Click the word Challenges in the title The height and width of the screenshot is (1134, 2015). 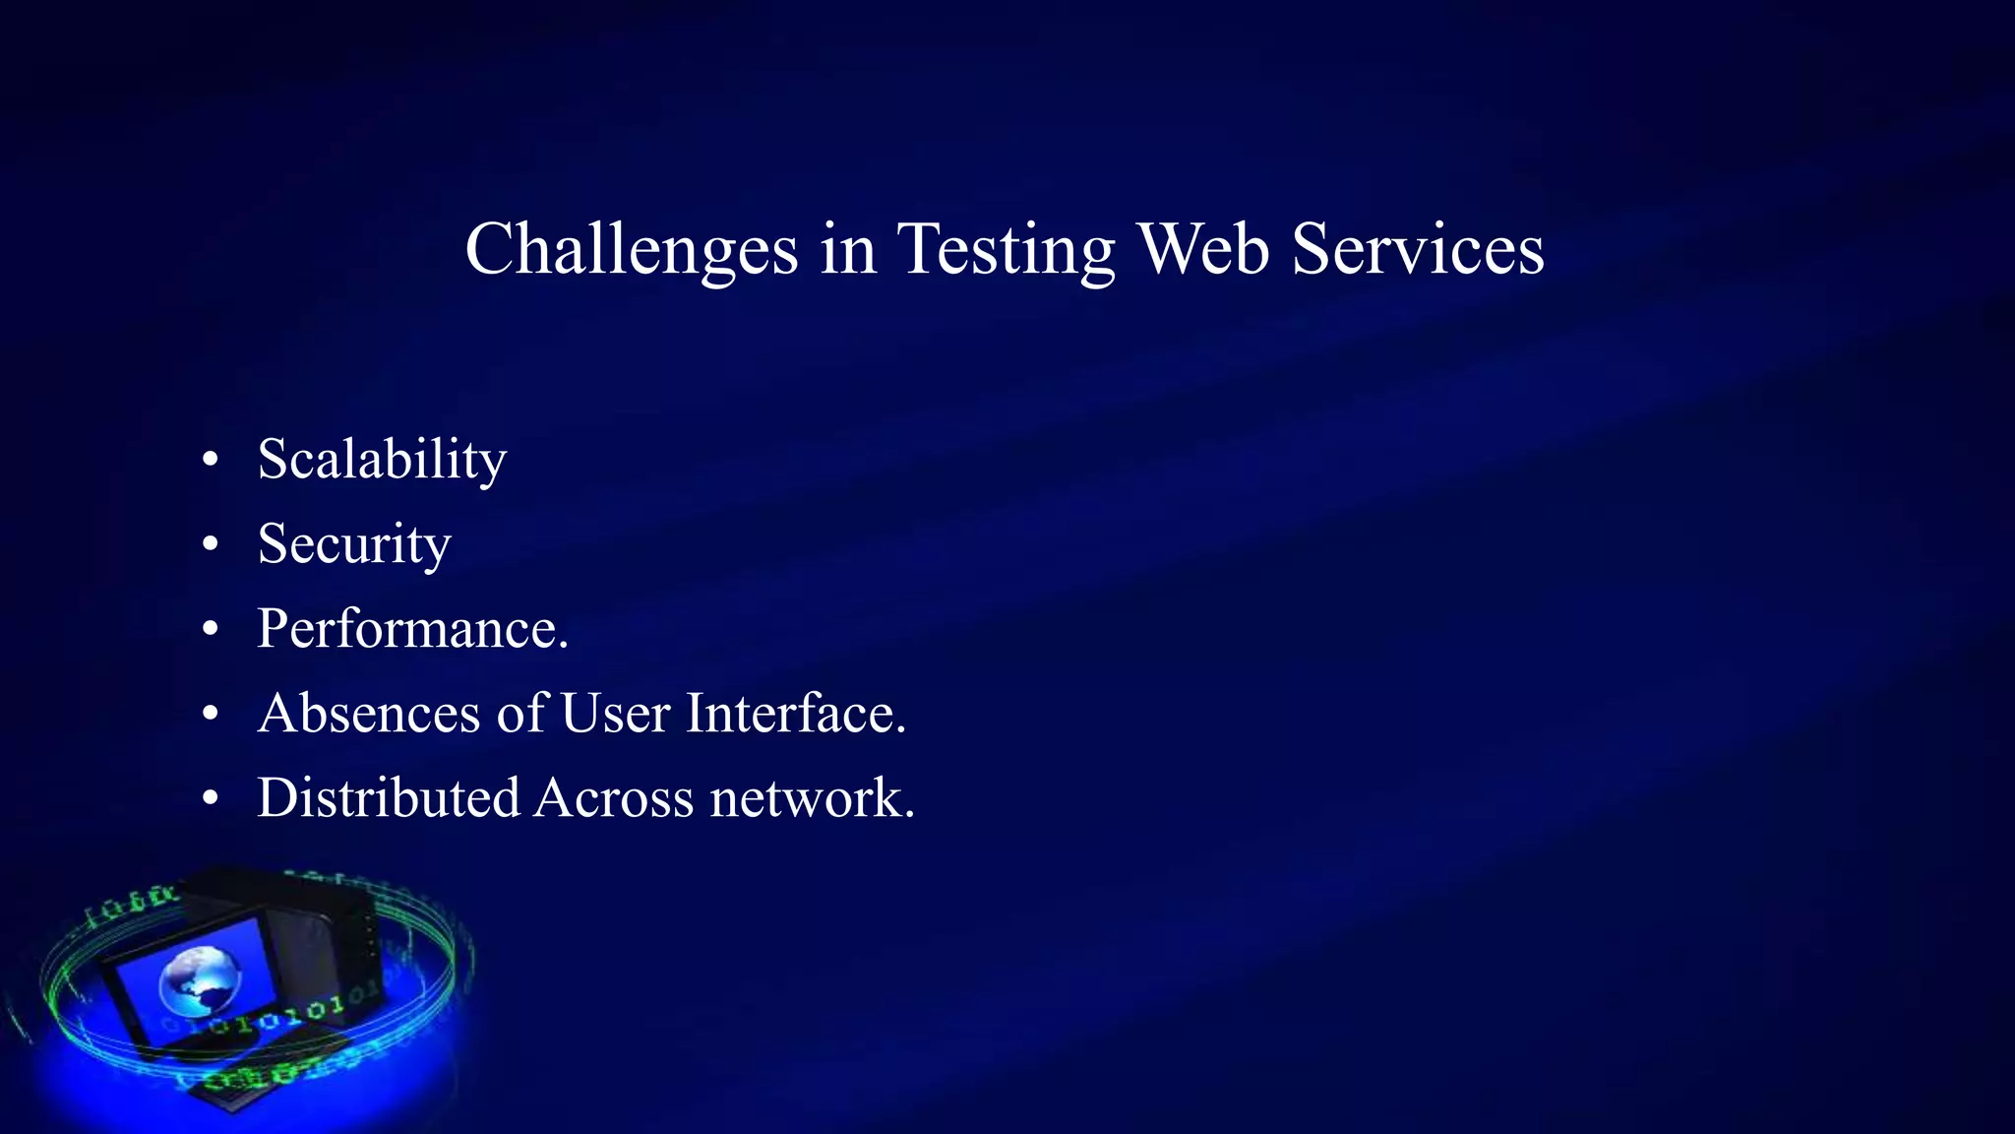[631, 250]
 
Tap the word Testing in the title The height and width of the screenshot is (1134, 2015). [1006, 250]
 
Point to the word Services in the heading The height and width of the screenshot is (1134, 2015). [1418, 248]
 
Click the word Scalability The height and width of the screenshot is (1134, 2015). [382, 461]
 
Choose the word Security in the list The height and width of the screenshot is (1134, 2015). [354, 544]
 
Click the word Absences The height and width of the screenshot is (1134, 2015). [369, 713]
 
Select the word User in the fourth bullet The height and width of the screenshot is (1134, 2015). [616, 713]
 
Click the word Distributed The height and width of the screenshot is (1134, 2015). [389, 797]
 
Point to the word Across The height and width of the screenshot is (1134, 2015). [615, 797]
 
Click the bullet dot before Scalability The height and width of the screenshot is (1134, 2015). [210, 460]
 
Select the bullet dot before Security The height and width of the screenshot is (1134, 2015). [210, 544]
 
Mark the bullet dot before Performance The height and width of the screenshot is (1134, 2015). [210, 629]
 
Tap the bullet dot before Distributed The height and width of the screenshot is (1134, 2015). [210, 798]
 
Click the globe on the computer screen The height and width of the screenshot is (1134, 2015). [201, 980]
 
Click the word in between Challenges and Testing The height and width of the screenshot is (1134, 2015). [847, 248]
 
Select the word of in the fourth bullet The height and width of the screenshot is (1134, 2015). [521, 713]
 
